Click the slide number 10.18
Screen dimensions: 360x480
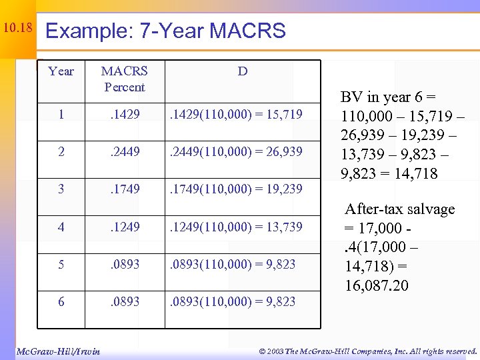coord(17,28)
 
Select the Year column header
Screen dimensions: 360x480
coord(61,71)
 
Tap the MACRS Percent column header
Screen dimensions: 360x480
coord(125,79)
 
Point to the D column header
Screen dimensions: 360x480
coord(243,71)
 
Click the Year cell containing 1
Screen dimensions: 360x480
coord(61,115)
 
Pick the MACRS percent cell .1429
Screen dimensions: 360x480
coord(125,115)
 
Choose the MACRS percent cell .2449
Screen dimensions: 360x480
coord(125,152)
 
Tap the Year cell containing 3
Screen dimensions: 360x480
coord(61,189)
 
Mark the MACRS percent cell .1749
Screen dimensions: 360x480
coord(125,189)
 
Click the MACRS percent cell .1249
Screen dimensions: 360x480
coord(125,227)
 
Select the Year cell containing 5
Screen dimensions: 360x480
coord(61,264)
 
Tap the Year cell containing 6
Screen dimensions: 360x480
coord(61,301)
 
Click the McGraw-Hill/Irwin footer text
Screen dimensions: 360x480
coord(58,351)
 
